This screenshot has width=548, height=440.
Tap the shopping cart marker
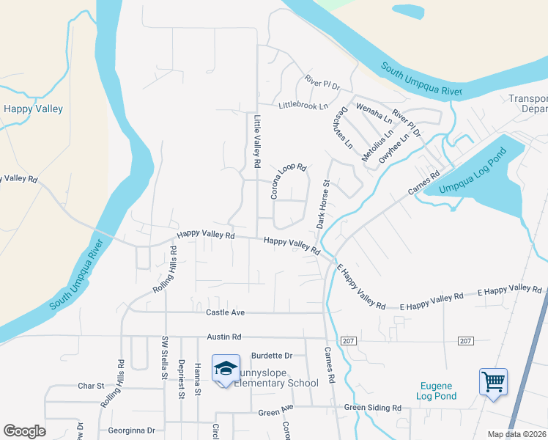493,381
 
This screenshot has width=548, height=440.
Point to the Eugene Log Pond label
439,391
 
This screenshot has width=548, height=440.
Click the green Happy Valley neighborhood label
33,109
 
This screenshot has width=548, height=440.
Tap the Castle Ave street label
224,312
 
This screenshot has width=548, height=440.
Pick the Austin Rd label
223,337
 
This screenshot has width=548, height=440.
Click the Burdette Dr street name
271,356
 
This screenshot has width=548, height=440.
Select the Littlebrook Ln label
303,106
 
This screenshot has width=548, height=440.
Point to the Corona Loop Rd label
287,181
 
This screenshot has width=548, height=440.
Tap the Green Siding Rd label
373,408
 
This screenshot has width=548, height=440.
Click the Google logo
24,431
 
